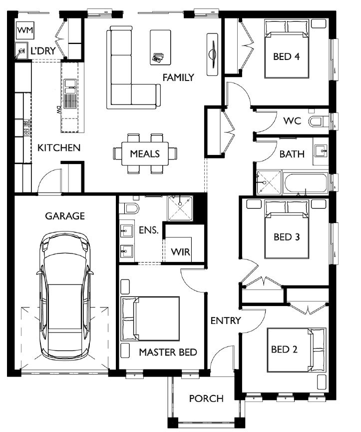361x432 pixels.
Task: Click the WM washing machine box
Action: click(x=25, y=30)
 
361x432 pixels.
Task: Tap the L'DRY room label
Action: click(x=43, y=50)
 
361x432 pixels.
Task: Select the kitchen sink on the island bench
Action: click(x=70, y=93)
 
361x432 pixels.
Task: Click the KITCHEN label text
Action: click(x=59, y=147)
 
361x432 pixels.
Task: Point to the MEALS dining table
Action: click(x=145, y=153)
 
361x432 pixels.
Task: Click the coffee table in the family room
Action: click(x=160, y=47)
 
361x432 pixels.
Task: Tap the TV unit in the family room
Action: click(x=212, y=54)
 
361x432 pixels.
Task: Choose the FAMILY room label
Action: click(x=178, y=77)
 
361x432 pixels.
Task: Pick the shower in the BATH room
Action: click(x=269, y=182)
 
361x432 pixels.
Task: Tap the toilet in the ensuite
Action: click(x=129, y=208)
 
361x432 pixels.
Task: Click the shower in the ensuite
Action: click(x=180, y=208)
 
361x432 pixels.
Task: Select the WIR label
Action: click(x=181, y=251)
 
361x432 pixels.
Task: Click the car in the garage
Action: click(x=65, y=295)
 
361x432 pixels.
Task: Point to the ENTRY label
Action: click(x=226, y=320)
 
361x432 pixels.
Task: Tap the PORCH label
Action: click(x=206, y=398)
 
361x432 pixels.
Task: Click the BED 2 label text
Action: click(x=284, y=349)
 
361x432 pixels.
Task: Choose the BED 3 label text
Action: click(x=287, y=237)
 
